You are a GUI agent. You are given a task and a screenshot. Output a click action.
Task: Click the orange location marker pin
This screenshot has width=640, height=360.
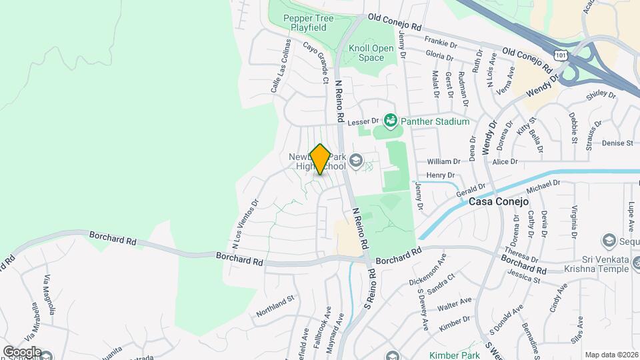[x=320, y=159]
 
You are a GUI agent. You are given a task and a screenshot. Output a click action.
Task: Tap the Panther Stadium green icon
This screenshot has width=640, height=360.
[x=390, y=121]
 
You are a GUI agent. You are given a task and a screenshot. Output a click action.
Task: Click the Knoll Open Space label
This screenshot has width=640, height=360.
[x=367, y=53]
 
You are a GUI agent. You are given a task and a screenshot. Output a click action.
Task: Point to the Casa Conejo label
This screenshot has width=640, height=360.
[x=498, y=201]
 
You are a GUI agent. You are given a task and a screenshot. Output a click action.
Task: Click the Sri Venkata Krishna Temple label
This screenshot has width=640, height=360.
[x=587, y=263]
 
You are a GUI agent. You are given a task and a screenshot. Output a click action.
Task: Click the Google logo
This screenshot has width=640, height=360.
[x=21, y=351]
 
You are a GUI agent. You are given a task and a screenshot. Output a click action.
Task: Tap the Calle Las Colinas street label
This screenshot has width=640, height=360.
[x=280, y=65]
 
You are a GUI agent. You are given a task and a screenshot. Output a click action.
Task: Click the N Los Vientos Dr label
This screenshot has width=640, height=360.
[x=245, y=221]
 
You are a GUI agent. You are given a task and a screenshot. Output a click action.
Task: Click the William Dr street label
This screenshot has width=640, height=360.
[x=443, y=161]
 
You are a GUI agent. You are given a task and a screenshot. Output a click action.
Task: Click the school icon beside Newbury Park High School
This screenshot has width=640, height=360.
[x=356, y=159]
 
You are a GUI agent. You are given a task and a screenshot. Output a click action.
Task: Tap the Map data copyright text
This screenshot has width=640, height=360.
[x=611, y=355]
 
